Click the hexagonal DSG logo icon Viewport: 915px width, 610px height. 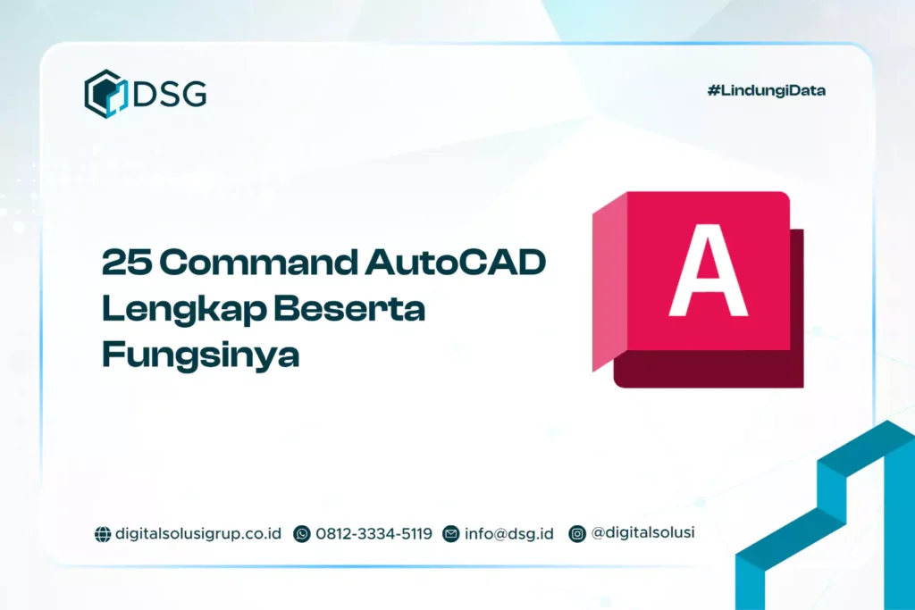tap(105, 94)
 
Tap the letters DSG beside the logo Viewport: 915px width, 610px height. tap(170, 93)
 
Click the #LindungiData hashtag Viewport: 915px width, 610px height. tap(766, 91)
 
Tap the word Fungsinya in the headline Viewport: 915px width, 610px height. tap(200, 355)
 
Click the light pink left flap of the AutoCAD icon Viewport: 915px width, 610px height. tap(609, 286)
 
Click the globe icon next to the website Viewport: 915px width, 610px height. tap(103, 534)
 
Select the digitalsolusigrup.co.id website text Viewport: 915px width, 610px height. tap(198, 533)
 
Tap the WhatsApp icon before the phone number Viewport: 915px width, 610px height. tap(302, 534)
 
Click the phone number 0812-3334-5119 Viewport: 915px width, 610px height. tap(374, 533)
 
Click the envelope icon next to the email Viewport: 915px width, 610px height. tap(450, 534)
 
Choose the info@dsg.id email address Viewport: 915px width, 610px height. tap(508, 533)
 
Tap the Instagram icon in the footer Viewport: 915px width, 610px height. tap(577, 533)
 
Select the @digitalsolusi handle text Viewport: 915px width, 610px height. tap(642, 532)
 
